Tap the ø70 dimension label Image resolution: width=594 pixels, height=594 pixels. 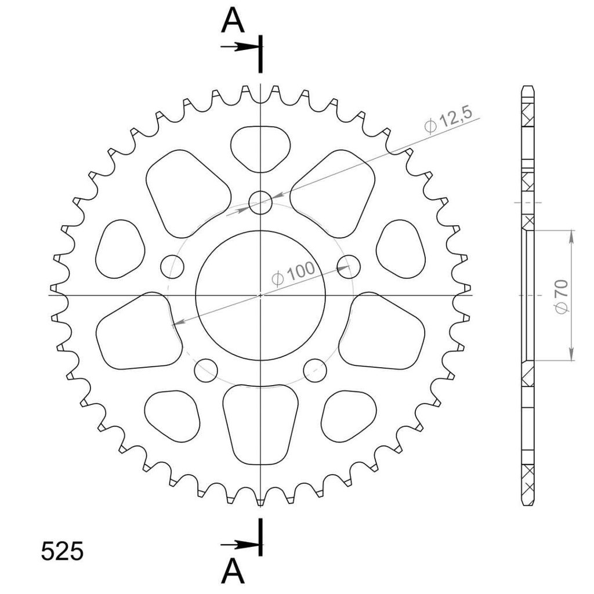pos(562,296)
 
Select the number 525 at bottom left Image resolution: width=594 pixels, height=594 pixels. pos(62,551)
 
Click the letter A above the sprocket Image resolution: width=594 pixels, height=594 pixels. pos(233,21)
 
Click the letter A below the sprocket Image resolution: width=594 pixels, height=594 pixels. pos(233,571)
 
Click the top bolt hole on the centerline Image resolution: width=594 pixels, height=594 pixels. pos(260,202)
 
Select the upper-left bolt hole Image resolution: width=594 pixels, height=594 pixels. pos(172,267)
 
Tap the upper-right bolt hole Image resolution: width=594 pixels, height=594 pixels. pos(349,267)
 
